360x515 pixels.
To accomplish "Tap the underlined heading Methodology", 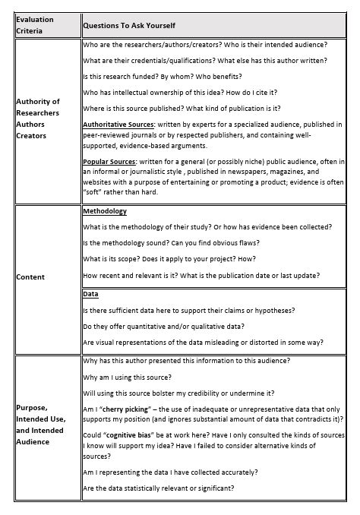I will pos(105,211).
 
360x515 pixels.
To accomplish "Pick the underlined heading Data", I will pos(91,294).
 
